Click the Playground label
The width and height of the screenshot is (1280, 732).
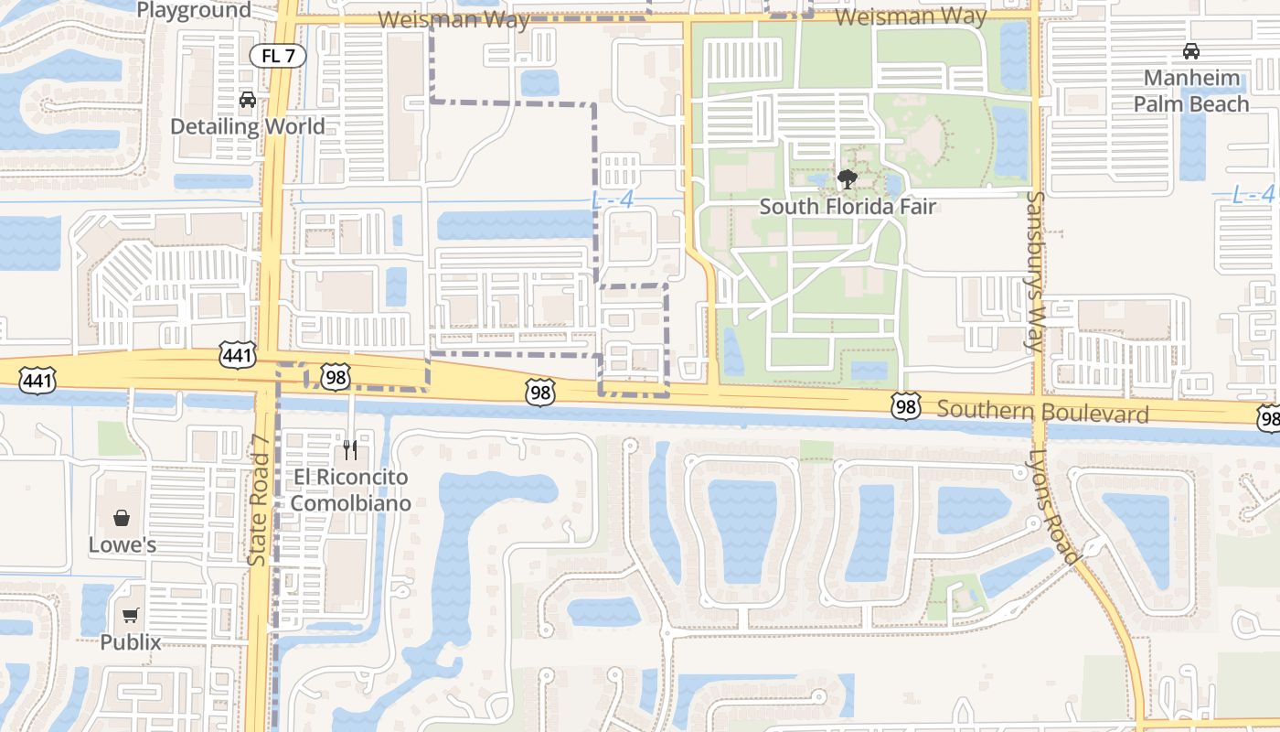pos(193,10)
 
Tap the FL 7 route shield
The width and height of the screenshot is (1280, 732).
pos(278,56)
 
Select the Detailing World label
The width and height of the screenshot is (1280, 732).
pos(248,126)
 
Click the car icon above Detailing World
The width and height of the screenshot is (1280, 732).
pos(247,99)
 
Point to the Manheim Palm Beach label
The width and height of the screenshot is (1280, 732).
pos(1191,91)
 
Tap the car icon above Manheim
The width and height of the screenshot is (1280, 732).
pos(1190,51)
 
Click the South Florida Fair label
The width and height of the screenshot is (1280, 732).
pos(848,206)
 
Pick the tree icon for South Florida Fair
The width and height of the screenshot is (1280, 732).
pos(848,178)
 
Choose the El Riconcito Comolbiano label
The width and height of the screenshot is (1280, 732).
pos(350,490)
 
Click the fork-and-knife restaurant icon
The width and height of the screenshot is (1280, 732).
pos(350,450)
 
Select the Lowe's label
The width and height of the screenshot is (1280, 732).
pos(123,545)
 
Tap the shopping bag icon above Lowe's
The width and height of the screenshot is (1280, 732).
pos(122,519)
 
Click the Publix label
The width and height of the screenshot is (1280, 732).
pos(130,642)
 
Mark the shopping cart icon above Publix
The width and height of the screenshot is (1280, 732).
pos(130,616)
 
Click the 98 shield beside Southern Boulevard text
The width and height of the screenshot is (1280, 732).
pos(905,407)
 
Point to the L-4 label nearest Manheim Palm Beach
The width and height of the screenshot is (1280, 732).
pos(1253,194)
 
